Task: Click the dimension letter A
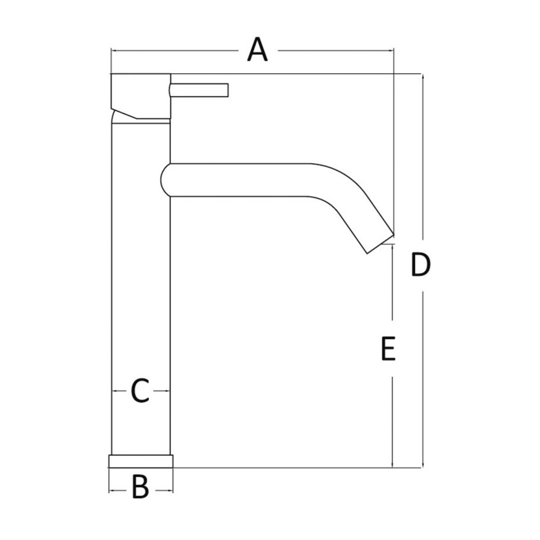coord(257,50)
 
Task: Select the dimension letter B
coord(140,487)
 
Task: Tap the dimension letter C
coord(140,391)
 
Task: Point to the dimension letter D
coord(421,265)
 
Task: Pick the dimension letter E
coord(388,349)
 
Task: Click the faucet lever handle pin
coord(199,90)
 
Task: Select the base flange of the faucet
coord(141,461)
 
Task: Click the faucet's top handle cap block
coord(141,97)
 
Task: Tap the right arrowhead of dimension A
coord(391,50)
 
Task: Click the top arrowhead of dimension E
coord(392,248)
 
